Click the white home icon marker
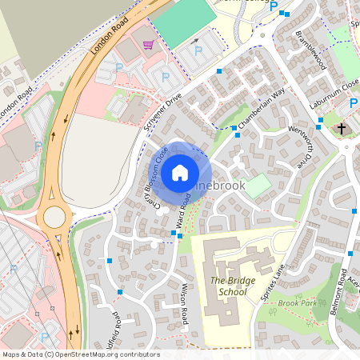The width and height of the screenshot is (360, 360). click(180, 172)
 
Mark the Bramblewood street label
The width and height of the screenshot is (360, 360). click(310, 50)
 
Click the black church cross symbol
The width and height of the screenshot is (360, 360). click(342, 128)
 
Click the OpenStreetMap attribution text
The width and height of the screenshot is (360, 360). click(80, 354)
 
